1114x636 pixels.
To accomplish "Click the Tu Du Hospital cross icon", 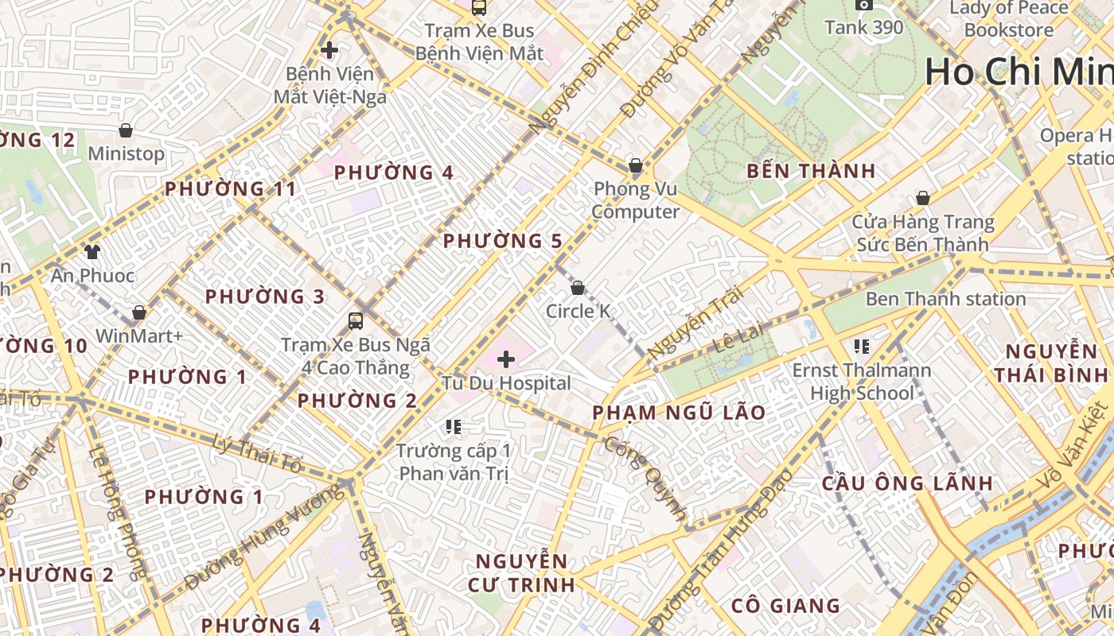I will (x=506, y=360).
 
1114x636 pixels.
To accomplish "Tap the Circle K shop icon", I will (x=578, y=288).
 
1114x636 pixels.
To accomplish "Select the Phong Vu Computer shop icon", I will (x=635, y=165).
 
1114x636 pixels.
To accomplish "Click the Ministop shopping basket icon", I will (x=125, y=130).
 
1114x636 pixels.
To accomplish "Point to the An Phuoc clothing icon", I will (x=92, y=252).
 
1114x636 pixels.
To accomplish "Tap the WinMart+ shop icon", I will (x=139, y=312).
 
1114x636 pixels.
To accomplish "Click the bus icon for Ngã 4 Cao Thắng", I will (x=356, y=321).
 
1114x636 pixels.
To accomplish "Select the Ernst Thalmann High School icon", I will (x=861, y=347).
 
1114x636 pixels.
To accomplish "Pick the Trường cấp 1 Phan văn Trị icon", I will (x=454, y=427).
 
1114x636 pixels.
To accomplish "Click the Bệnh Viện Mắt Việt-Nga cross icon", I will (x=329, y=50).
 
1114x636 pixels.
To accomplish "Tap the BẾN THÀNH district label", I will (x=812, y=171).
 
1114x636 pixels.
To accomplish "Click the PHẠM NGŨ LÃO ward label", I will (x=679, y=413).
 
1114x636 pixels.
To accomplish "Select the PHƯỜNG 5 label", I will (x=502, y=241).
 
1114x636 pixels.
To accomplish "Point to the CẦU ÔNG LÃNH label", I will (x=907, y=483).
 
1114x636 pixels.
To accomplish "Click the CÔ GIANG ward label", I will (x=785, y=606).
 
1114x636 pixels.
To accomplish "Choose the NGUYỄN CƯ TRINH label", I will (x=523, y=572).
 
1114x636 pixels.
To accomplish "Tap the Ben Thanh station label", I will (x=945, y=299).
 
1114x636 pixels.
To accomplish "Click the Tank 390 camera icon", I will (x=863, y=5).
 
